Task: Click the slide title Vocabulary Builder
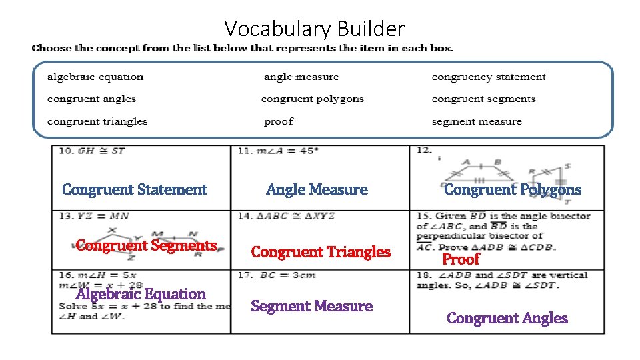pyautogui.click(x=314, y=29)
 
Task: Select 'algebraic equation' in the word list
pyautogui.click(x=95, y=77)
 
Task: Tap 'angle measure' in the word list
pyautogui.click(x=301, y=77)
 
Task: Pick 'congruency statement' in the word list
pyautogui.click(x=489, y=77)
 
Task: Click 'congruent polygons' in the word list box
pyautogui.click(x=313, y=99)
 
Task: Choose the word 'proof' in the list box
pyautogui.click(x=279, y=121)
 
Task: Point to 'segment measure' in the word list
pyautogui.click(x=477, y=121)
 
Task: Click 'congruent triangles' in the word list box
pyautogui.click(x=97, y=121)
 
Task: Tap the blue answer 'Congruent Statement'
pyautogui.click(x=135, y=189)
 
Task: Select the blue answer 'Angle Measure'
pyautogui.click(x=317, y=189)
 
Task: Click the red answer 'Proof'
pyautogui.click(x=461, y=259)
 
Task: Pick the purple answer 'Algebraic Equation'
pyautogui.click(x=141, y=294)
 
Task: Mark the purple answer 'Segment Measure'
pyautogui.click(x=311, y=306)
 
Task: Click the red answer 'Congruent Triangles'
pyautogui.click(x=321, y=252)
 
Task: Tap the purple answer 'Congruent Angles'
pyautogui.click(x=507, y=318)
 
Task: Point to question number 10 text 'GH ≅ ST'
pyautogui.click(x=101, y=151)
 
